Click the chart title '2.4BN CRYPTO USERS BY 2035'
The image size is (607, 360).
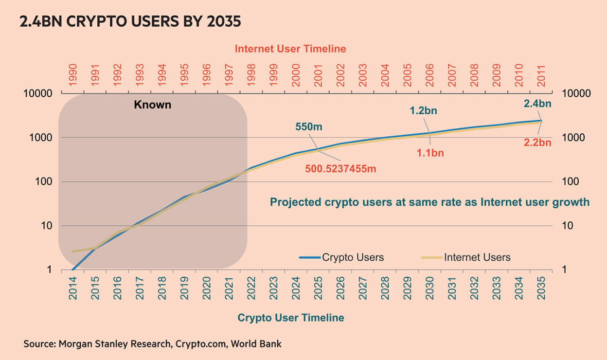point(130,22)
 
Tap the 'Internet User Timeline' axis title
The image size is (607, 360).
point(290,49)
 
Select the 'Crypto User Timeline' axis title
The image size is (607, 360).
point(290,318)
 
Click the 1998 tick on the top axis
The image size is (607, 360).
point(250,75)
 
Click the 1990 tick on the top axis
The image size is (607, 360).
point(73,75)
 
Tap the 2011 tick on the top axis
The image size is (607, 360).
point(541,75)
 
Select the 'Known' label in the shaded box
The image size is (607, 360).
point(153,105)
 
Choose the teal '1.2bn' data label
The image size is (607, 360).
point(423,110)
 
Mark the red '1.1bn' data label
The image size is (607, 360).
point(430,153)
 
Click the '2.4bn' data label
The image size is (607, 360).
point(537,103)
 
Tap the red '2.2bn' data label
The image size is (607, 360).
point(537,143)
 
